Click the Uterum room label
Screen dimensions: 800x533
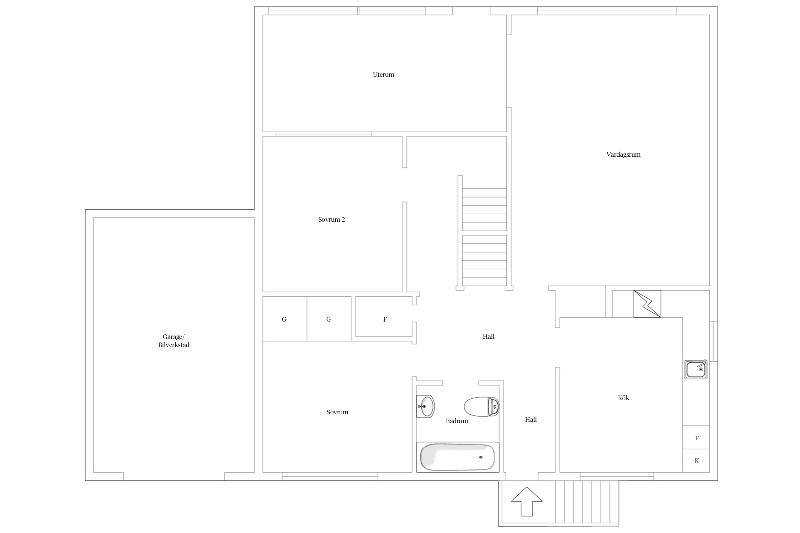tap(383, 75)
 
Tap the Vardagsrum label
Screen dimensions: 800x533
tap(623, 155)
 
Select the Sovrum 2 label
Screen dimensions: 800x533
tap(331, 220)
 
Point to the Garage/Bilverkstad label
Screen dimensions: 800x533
tap(174, 341)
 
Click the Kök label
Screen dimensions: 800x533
tap(623, 398)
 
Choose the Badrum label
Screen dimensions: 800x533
tap(457, 421)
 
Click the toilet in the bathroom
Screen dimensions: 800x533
tap(482, 407)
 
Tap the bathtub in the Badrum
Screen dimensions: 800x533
tap(458, 457)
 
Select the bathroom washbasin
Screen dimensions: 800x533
tap(426, 406)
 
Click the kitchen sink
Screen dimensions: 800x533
tap(696, 370)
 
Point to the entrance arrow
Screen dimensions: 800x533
tap(527, 501)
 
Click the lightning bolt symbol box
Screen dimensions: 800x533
tap(647, 304)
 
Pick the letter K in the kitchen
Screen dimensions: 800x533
tap(697, 461)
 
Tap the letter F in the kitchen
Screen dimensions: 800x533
tap(697, 438)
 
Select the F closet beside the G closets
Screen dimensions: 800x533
tap(384, 317)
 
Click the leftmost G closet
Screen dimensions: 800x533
tap(285, 319)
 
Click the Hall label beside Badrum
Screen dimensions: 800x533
tap(531, 420)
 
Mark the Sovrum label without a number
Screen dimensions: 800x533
tap(337, 412)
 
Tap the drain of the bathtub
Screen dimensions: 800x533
tap(481, 457)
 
